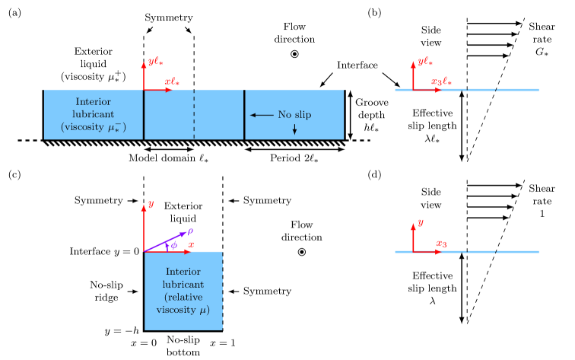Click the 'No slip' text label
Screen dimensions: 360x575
[294, 115]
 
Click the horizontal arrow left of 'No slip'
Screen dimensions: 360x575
[262, 115]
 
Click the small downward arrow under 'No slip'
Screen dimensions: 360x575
[295, 129]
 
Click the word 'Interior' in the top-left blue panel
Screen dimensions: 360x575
[94, 102]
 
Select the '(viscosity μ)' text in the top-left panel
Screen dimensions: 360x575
[94, 127]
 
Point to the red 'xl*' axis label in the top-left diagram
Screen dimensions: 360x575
[172, 81]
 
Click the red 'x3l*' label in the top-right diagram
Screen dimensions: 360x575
[441, 81]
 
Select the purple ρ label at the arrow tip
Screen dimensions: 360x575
[190, 230]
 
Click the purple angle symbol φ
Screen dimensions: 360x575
[174, 245]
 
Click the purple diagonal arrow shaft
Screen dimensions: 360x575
[164, 242]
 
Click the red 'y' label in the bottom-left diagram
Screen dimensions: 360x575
[151, 204]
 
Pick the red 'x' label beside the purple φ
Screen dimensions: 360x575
[191, 244]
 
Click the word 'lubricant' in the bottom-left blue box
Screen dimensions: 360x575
[183, 284]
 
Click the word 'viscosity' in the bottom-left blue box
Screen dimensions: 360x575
[177, 310]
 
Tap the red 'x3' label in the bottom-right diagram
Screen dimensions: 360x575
[441, 244]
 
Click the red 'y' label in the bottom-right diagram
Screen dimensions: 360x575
[421, 222]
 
